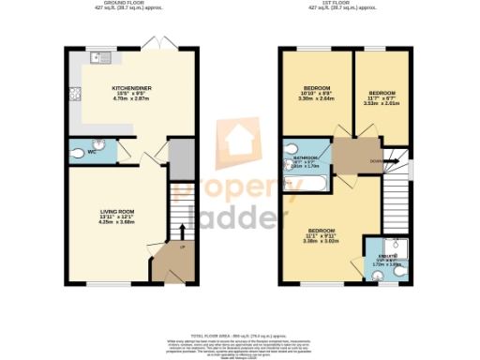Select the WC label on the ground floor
click(x=92, y=151)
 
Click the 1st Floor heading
click(x=343, y=4)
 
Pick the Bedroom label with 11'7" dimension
click(x=382, y=93)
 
